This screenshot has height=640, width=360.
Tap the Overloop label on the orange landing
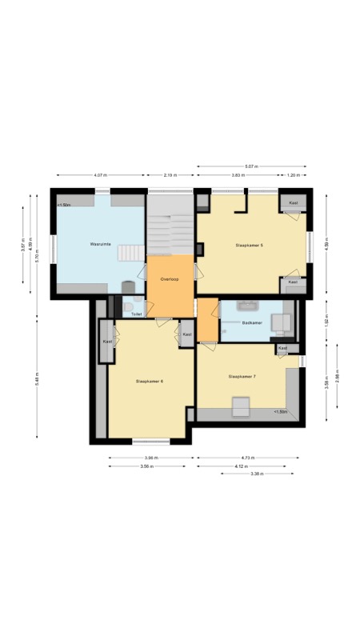(x=169, y=278)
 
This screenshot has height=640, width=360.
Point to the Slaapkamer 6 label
(x=150, y=381)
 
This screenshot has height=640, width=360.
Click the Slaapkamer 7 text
(x=242, y=376)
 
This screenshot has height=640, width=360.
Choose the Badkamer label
(x=253, y=323)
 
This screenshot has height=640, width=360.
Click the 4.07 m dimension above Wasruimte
(x=100, y=175)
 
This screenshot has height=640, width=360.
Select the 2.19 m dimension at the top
(x=170, y=175)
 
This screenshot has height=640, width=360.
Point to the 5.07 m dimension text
(x=253, y=166)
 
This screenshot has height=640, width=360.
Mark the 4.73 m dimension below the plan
(x=248, y=458)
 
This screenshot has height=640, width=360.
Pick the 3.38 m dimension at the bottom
(x=258, y=474)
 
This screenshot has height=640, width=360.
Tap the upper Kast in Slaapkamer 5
(x=293, y=203)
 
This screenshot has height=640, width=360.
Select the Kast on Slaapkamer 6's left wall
(x=106, y=342)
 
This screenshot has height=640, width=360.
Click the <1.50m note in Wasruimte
(x=64, y=206)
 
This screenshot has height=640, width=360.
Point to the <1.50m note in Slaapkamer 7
(x=281, y=412)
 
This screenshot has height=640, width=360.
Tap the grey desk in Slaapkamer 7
(x=239, y=406)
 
